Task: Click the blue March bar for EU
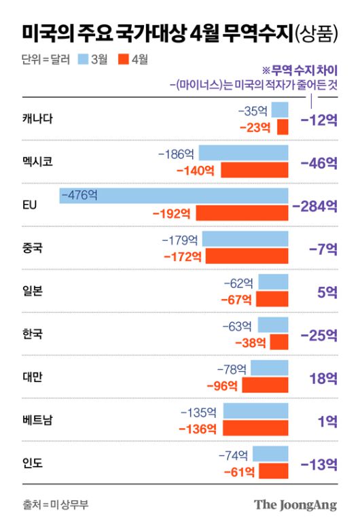click(174, 196)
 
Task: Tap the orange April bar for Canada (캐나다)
click(283, 126)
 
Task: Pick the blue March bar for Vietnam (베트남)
click(255, 411)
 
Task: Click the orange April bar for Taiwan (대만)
click(265, 385)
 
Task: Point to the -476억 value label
click(79, 196)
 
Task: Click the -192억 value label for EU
click(173, 213)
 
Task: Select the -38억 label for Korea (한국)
click(251, 343)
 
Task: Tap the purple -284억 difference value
click(314, 205)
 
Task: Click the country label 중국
click(32, 248)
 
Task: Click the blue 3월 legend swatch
click(82, 59)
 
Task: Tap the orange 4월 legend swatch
click(123, 59)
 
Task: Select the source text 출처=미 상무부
click(55, 504)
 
